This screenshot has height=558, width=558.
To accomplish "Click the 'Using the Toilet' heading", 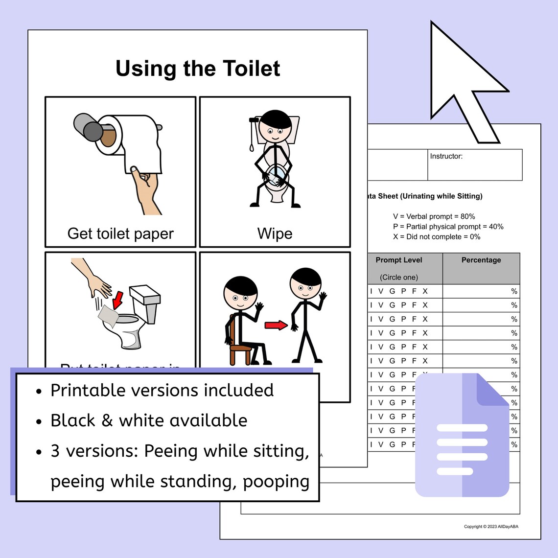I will coord(198,69).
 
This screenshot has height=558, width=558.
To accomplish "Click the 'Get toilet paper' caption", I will coord(120,233).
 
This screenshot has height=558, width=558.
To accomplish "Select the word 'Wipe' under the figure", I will coord(275,233).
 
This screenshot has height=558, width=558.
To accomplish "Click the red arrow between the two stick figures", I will coord(276,325).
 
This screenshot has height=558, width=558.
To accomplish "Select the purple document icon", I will coord(462,435).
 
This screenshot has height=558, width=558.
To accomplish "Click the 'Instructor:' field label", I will coord(446,156).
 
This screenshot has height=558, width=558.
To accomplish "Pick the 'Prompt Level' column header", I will coord(398,260).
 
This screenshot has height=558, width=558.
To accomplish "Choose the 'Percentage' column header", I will coord(481,260).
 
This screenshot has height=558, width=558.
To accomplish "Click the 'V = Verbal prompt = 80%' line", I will coord(434,216).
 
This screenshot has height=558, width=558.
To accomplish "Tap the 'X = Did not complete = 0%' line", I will coord(437,236).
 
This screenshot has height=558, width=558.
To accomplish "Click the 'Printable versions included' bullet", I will coord(162,390).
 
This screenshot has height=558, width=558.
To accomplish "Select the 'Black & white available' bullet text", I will coord(149,420).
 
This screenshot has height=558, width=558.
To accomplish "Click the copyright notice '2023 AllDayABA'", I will coord(491,527).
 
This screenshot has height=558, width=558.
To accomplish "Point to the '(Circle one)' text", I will coord(398,277).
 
